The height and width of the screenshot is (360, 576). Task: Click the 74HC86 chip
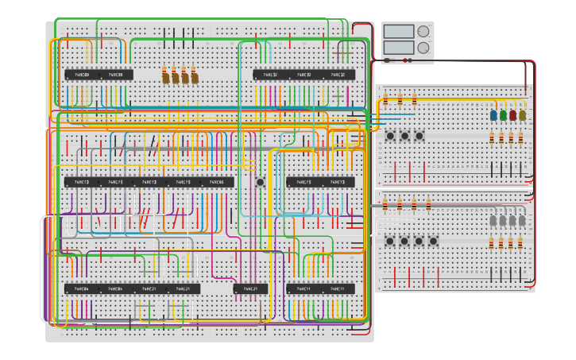[x=216, y=182]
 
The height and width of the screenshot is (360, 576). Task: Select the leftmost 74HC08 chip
[x=82, y=75]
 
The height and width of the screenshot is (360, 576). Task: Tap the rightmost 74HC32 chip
[x=338, y=75]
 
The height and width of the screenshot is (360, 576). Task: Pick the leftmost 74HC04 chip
[x=82, y=288]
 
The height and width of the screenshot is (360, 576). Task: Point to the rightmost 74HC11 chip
[x=338, y=288]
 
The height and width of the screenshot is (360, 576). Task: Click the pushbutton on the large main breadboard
[x=260, y=182]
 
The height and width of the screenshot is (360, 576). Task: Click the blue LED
[x=493, y=115]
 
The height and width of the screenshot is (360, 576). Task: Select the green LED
[x=503, y=115]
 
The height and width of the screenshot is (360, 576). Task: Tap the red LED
[x=512, y=115]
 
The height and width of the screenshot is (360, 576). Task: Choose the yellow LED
[x=522, y=115]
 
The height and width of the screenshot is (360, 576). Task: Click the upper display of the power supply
[x=398, y=32]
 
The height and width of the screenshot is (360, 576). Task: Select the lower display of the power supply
[x=398, y=48]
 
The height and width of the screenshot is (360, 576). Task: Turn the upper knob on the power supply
[x=423, y=32]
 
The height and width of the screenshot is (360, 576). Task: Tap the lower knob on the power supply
[x=423, y=48]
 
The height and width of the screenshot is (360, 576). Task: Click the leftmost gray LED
[x=493, y=220]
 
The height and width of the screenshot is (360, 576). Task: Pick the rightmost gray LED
[x=522, y=220]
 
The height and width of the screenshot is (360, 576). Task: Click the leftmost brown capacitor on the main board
[x=166, y=76]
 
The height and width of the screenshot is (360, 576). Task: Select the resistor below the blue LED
[x=492, y=138]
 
